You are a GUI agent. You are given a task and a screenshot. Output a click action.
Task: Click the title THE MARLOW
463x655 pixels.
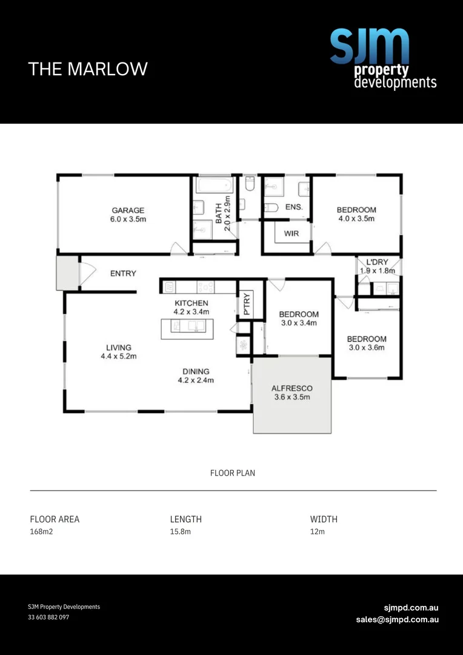(x=88, y=69)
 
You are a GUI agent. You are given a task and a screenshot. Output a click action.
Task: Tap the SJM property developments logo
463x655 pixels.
(x=382, y=59)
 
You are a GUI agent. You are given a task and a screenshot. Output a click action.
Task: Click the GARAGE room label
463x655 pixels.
(x=128, y=215)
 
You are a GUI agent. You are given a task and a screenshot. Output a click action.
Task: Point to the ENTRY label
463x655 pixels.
(x=123, y=274)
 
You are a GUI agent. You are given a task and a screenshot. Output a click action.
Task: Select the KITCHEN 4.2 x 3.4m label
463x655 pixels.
(x=192, y=307)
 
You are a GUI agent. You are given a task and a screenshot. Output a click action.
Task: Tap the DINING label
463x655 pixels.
(x=196, y=372)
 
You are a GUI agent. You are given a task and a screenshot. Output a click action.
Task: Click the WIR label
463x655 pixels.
(x=291, y=233)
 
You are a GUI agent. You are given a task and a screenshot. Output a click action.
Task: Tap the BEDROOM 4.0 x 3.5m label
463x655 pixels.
(x=356, y=214)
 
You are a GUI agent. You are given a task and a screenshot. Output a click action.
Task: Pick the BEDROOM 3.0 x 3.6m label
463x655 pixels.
(x=366, y=343)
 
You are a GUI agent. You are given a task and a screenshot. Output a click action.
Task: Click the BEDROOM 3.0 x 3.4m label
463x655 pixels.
(x=299, y=318)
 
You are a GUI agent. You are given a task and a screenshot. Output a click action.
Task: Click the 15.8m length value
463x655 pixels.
(x=181, y=532)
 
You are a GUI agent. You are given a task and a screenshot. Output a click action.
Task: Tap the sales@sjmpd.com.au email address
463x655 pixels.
(x=397, y=619)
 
